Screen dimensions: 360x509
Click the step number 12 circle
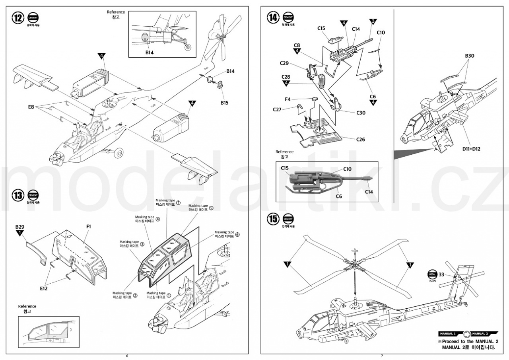(18, 18)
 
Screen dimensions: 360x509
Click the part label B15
(225, 103)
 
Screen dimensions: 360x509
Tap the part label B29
(20, 227)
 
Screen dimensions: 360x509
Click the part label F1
(88, 226)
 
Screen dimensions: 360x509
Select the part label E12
(44, 288)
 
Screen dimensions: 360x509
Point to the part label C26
(360, 139)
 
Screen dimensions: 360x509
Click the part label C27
(278, 109)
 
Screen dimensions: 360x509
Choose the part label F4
(288, 99)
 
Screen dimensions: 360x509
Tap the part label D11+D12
(471, 149)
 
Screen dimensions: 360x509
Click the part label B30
(470, 56)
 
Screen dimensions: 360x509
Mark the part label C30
(361, 113)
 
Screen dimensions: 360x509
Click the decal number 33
(441, 274)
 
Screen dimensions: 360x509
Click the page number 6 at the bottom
(127, 356)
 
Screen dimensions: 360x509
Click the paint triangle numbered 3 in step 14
(373, 21)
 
